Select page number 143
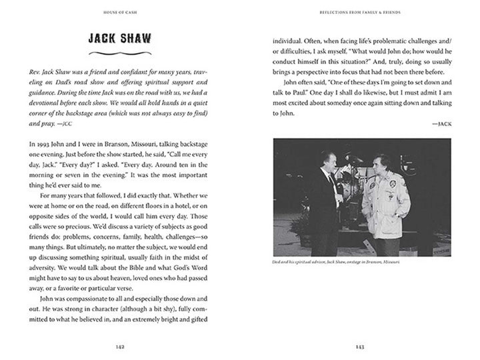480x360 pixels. pos(359,347)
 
